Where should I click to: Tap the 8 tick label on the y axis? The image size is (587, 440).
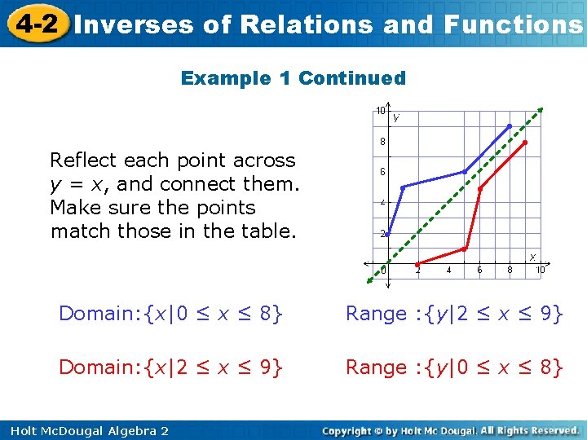[x=381, y=141]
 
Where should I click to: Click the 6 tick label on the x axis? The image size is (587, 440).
[x=479, y=271]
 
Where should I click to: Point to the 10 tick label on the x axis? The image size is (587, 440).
[x=540, y=271]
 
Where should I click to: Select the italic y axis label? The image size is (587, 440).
[x=396, y=117]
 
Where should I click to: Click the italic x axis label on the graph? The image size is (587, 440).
[x=533, y=257]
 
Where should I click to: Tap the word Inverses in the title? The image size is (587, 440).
[x=133, y=24]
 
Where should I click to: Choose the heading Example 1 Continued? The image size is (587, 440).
[x=293, y=78]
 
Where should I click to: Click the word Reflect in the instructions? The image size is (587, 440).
[x=84, y=160]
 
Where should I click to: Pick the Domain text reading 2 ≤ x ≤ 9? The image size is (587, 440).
[x=171, y=367]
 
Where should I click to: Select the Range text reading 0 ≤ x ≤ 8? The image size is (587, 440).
[x=454, y=367]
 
